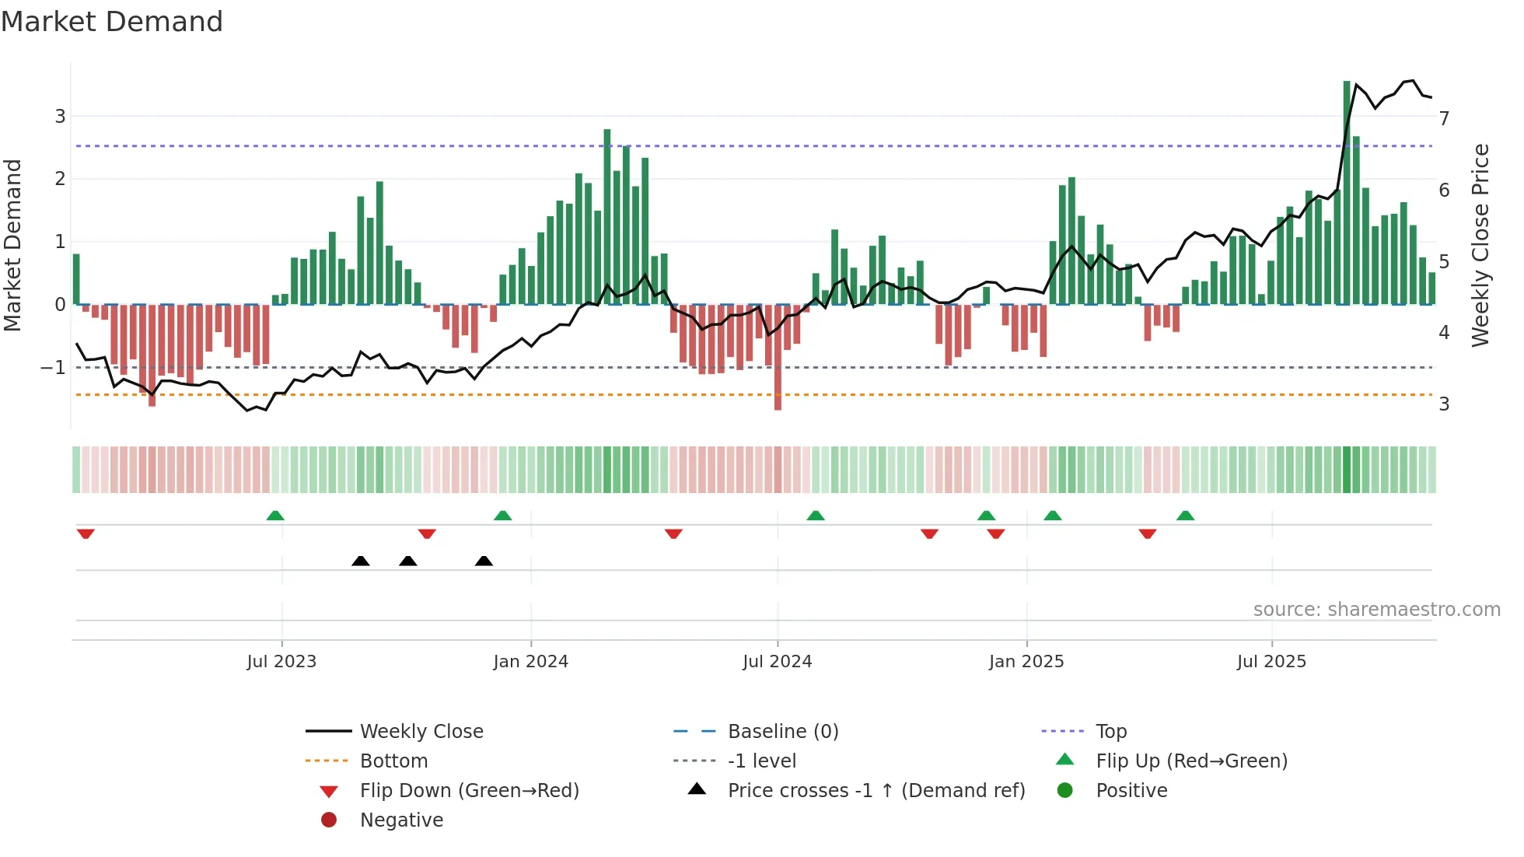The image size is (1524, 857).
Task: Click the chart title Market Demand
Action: point(112,22)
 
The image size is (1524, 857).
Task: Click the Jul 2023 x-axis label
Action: point(281,662)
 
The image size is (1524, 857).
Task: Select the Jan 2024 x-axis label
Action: point(530,662)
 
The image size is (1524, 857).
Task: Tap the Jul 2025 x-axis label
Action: point(1271,662)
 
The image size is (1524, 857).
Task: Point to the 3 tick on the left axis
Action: point(60,117)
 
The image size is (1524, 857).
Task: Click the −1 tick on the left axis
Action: point(54,368)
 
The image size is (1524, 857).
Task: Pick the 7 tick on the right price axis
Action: point(1444,119)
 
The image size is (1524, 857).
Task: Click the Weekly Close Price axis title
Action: point(1480,245)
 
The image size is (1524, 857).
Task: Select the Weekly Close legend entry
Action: point(421,732)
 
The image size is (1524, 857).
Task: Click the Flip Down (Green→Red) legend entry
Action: point(469,791)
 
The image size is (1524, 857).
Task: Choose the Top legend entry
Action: point(1110,732)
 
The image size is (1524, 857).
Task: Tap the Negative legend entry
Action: point(401,820)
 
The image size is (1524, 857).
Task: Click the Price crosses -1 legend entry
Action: point(876,791)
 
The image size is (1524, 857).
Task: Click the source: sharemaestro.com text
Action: point(1376,610)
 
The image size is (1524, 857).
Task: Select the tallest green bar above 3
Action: point(1347,194)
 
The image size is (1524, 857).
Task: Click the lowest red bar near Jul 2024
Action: point(778,366)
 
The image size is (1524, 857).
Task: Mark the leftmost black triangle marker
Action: point(360,561)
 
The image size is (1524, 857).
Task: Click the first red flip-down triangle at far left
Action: point(86,533)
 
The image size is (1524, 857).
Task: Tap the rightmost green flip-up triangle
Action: point(1185,516)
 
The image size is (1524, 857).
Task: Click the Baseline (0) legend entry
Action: point(782,732)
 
